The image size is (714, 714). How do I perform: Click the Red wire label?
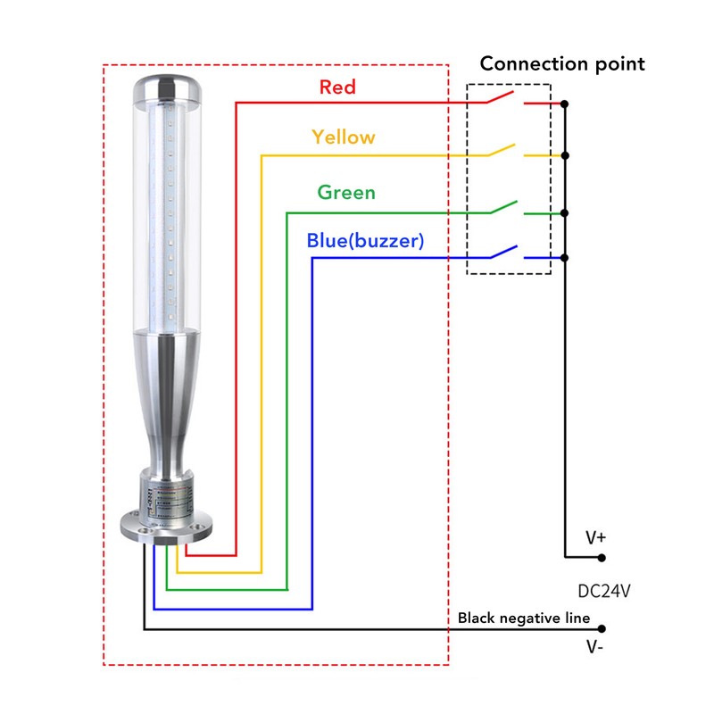[337, 87]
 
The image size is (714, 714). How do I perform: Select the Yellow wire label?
[344, 137]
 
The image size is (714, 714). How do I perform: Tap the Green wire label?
[346, 192]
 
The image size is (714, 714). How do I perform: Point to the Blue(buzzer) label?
[364, 240]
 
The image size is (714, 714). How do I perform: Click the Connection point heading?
[562, 63]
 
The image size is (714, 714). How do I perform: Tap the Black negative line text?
[523, 618]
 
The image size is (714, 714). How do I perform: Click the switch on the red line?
[502, 96]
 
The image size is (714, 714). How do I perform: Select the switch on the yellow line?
[502, 149]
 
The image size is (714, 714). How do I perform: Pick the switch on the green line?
[502, 207]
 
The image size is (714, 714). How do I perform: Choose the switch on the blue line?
[502, 253]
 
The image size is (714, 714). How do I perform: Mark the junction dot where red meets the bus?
[564, 104]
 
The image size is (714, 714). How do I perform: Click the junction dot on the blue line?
[564, 258]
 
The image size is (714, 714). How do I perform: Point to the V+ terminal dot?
[602, 558]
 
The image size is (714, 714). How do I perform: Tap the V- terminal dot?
[602, 629]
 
